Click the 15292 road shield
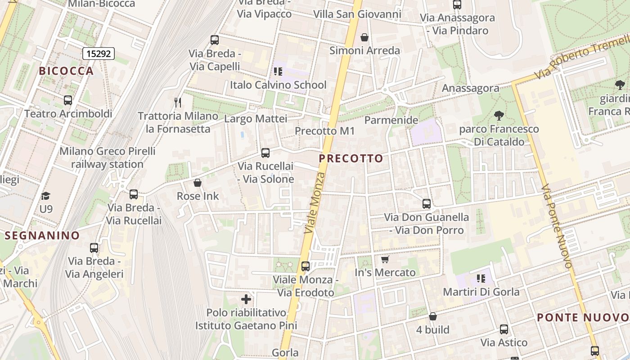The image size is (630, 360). click(x=99, y=54)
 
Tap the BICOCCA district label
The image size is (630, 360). click(x=66, y=71)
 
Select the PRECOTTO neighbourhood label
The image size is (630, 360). click(x=351, y=158)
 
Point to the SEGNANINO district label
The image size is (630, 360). click(x=42, y=235)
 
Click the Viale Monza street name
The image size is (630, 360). click(x=314, y=202)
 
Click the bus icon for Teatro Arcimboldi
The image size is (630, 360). click(x=68, y=100)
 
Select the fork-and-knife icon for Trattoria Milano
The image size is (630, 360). click(x=178, y=103)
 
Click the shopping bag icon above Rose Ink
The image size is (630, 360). click(x=197, y=183)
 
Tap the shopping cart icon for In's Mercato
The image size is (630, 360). click(x=385, y=259)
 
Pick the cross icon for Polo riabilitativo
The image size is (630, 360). click(x=246, y=299)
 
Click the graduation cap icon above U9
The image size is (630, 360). click(x=45, y=196)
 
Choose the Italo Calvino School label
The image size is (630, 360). click(x=278, y=85)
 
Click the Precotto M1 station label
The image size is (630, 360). click(x=324, y=131)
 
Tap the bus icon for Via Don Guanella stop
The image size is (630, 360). click(x=427, y=204)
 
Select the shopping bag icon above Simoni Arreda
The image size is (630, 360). click(x=364, y=37)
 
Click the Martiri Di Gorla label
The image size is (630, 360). click(x=481, y=292)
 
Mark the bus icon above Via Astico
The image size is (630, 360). click(x=504, y=329)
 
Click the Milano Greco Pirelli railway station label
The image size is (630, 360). click(x=107, y=157)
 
